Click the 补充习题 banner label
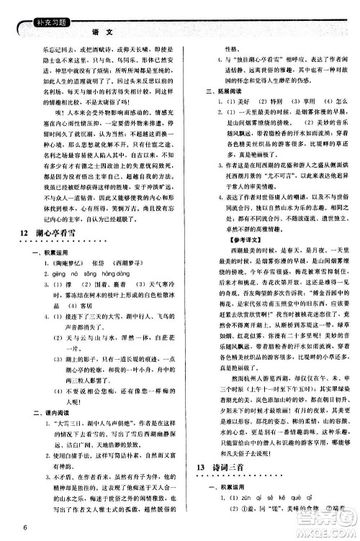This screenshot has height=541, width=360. pyautogui.click(x=35, y=12)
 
